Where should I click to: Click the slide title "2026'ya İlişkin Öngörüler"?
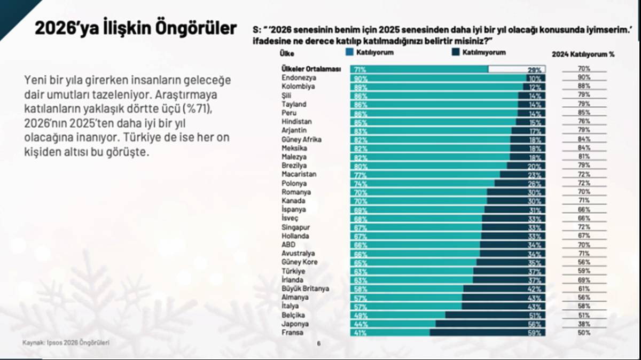point(136,29)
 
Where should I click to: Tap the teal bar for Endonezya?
point(438,78)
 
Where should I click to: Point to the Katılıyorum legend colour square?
point(350,52)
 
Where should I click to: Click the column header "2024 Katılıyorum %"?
point(583,54)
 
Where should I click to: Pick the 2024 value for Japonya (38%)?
point(583,324)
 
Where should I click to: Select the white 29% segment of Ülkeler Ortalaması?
point(517,69)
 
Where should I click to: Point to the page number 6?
point(319,343)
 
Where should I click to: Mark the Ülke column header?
point(287,53)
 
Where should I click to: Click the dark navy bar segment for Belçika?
point(495,315)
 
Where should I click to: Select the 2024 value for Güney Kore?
point(583,262)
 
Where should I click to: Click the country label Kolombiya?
point(298,87)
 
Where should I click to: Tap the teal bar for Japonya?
point(393,324)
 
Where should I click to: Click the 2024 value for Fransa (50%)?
point(583,332)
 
